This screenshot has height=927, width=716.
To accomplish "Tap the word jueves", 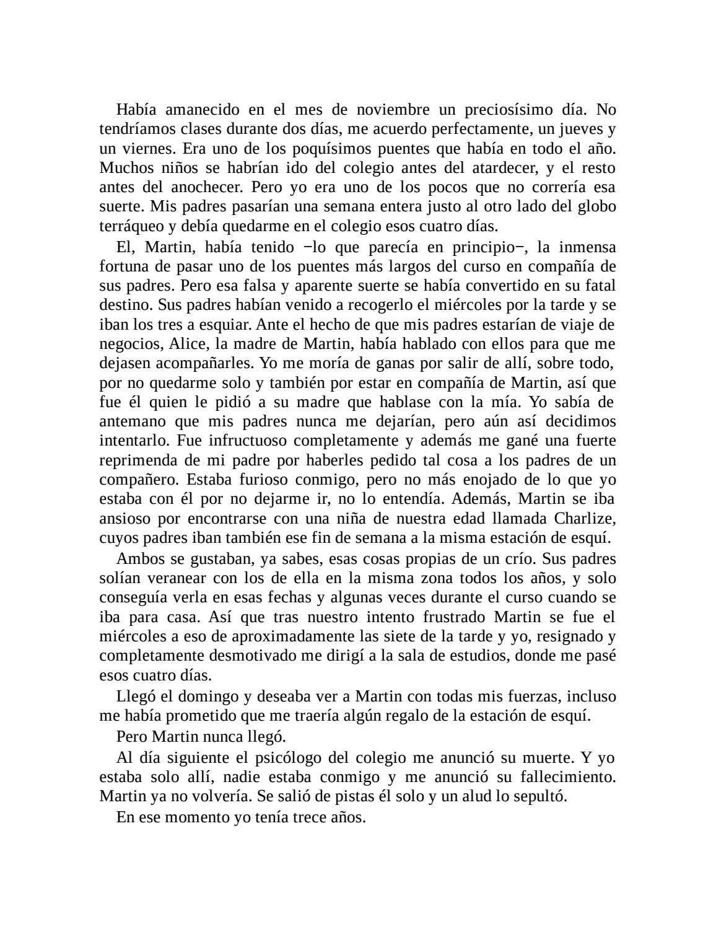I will (583, 130).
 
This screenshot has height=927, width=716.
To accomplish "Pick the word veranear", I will (167, 579).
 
